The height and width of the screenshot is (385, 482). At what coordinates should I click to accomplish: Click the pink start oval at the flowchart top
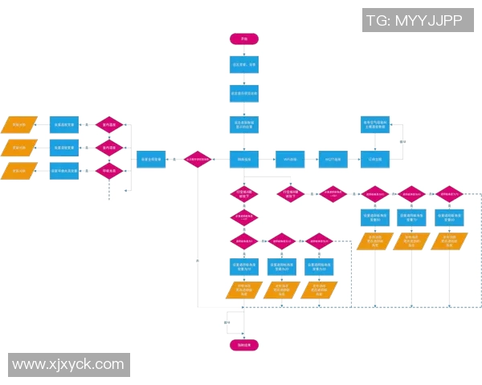coord(244,39)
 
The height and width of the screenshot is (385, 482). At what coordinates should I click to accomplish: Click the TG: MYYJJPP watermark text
coord(414,21)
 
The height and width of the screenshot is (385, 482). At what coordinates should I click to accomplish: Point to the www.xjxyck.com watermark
coord(68,365)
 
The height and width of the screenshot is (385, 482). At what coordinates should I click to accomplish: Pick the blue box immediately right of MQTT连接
coord(375,159)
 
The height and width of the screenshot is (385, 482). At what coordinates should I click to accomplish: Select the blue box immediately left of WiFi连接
coord(244,159)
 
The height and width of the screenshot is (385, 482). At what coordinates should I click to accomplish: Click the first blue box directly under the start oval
coord(244,64)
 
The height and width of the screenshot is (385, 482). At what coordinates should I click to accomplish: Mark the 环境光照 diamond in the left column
coord(109,170)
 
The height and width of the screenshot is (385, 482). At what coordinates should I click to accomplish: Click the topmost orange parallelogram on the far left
coord(18,125)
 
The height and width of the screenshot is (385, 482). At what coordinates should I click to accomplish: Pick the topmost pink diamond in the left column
coord(109,125)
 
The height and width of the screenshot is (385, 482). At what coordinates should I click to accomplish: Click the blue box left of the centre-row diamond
coord(152,159)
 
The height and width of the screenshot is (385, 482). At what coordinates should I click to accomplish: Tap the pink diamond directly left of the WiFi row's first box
coord(198,159)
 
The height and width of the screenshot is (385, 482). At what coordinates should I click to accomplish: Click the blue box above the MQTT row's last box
coord(375,124)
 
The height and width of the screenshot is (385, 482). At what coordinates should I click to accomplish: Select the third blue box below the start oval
coord(244,124)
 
